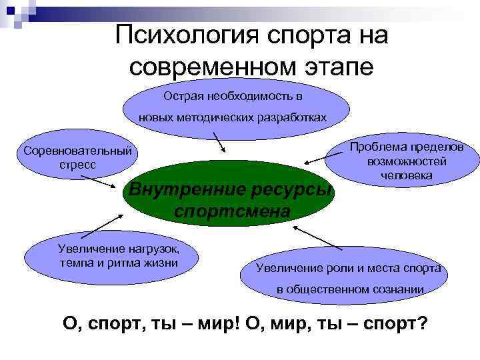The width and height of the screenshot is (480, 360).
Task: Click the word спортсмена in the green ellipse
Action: (231, 212)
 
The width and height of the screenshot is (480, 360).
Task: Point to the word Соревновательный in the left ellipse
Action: (77, 149)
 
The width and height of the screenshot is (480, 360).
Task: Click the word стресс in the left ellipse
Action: (77, 164)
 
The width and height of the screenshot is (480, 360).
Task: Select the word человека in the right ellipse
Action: (406, 175)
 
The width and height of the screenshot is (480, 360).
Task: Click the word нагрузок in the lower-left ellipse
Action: (147, 249)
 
